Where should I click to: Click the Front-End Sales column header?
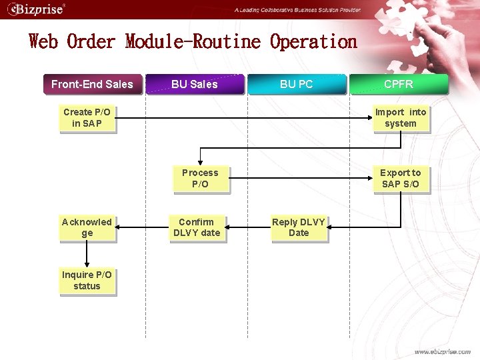tap(92, 84)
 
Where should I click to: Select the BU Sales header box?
tap(194, 84)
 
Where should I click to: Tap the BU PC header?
tap(297, 84)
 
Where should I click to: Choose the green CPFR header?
tap(399, 84)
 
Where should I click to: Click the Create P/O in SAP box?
tap(87, 118)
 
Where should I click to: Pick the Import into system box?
tap(400, 118)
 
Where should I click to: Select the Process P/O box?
tap(200, 179)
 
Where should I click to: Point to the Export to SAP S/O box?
tap(400, 179)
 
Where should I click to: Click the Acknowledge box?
tap(87, 227)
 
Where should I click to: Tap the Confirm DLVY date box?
tap(196, 227)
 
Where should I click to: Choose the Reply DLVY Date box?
tap(298, 227)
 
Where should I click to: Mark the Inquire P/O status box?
tap(87, 281)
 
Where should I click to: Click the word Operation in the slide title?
tap(313, 42)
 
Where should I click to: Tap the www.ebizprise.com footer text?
tap(442, 351)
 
